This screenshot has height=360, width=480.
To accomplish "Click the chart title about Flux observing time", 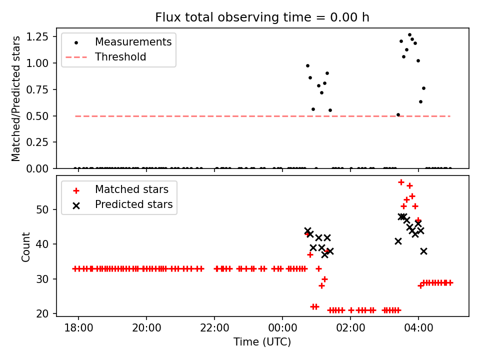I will (x=262, y=17).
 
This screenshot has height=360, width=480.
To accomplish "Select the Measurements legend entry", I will (x=133, y=42).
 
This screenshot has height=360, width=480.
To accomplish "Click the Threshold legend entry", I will (x=120, y=57).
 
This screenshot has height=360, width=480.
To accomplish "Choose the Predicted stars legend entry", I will (x=134, y=204).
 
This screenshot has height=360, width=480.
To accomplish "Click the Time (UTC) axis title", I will (x=262, y=342).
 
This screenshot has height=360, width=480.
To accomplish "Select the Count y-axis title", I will (x=26, y=246).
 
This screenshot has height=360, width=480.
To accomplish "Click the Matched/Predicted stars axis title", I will (x=16, y=98).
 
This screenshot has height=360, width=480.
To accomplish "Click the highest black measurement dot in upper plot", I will (x=409, y=35).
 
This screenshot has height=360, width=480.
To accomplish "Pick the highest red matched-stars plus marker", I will (x=401, y=182).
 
